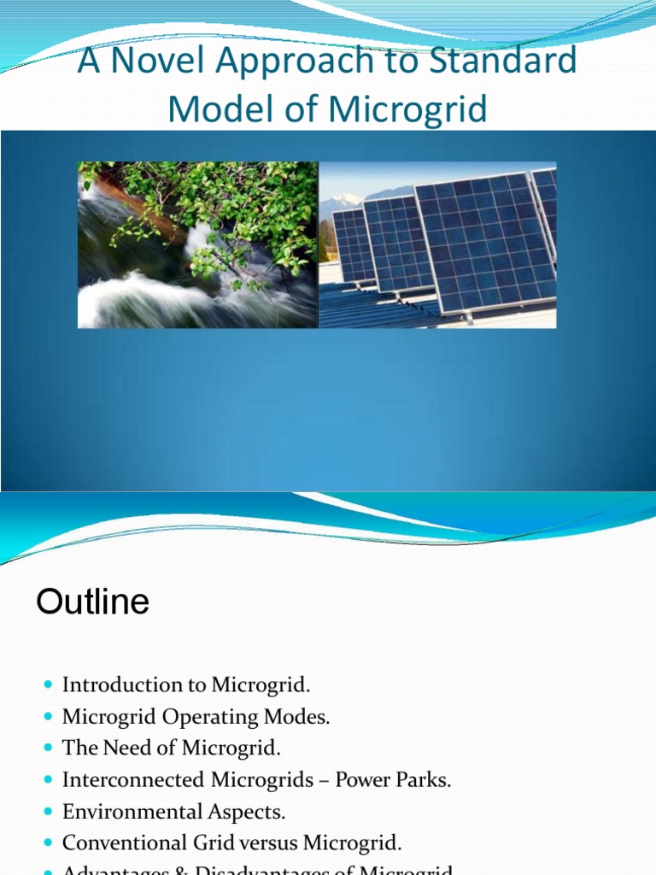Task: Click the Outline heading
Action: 92,602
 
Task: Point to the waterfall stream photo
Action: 197,245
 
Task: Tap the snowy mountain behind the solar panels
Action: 347,203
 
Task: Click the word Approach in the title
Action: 278,62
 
